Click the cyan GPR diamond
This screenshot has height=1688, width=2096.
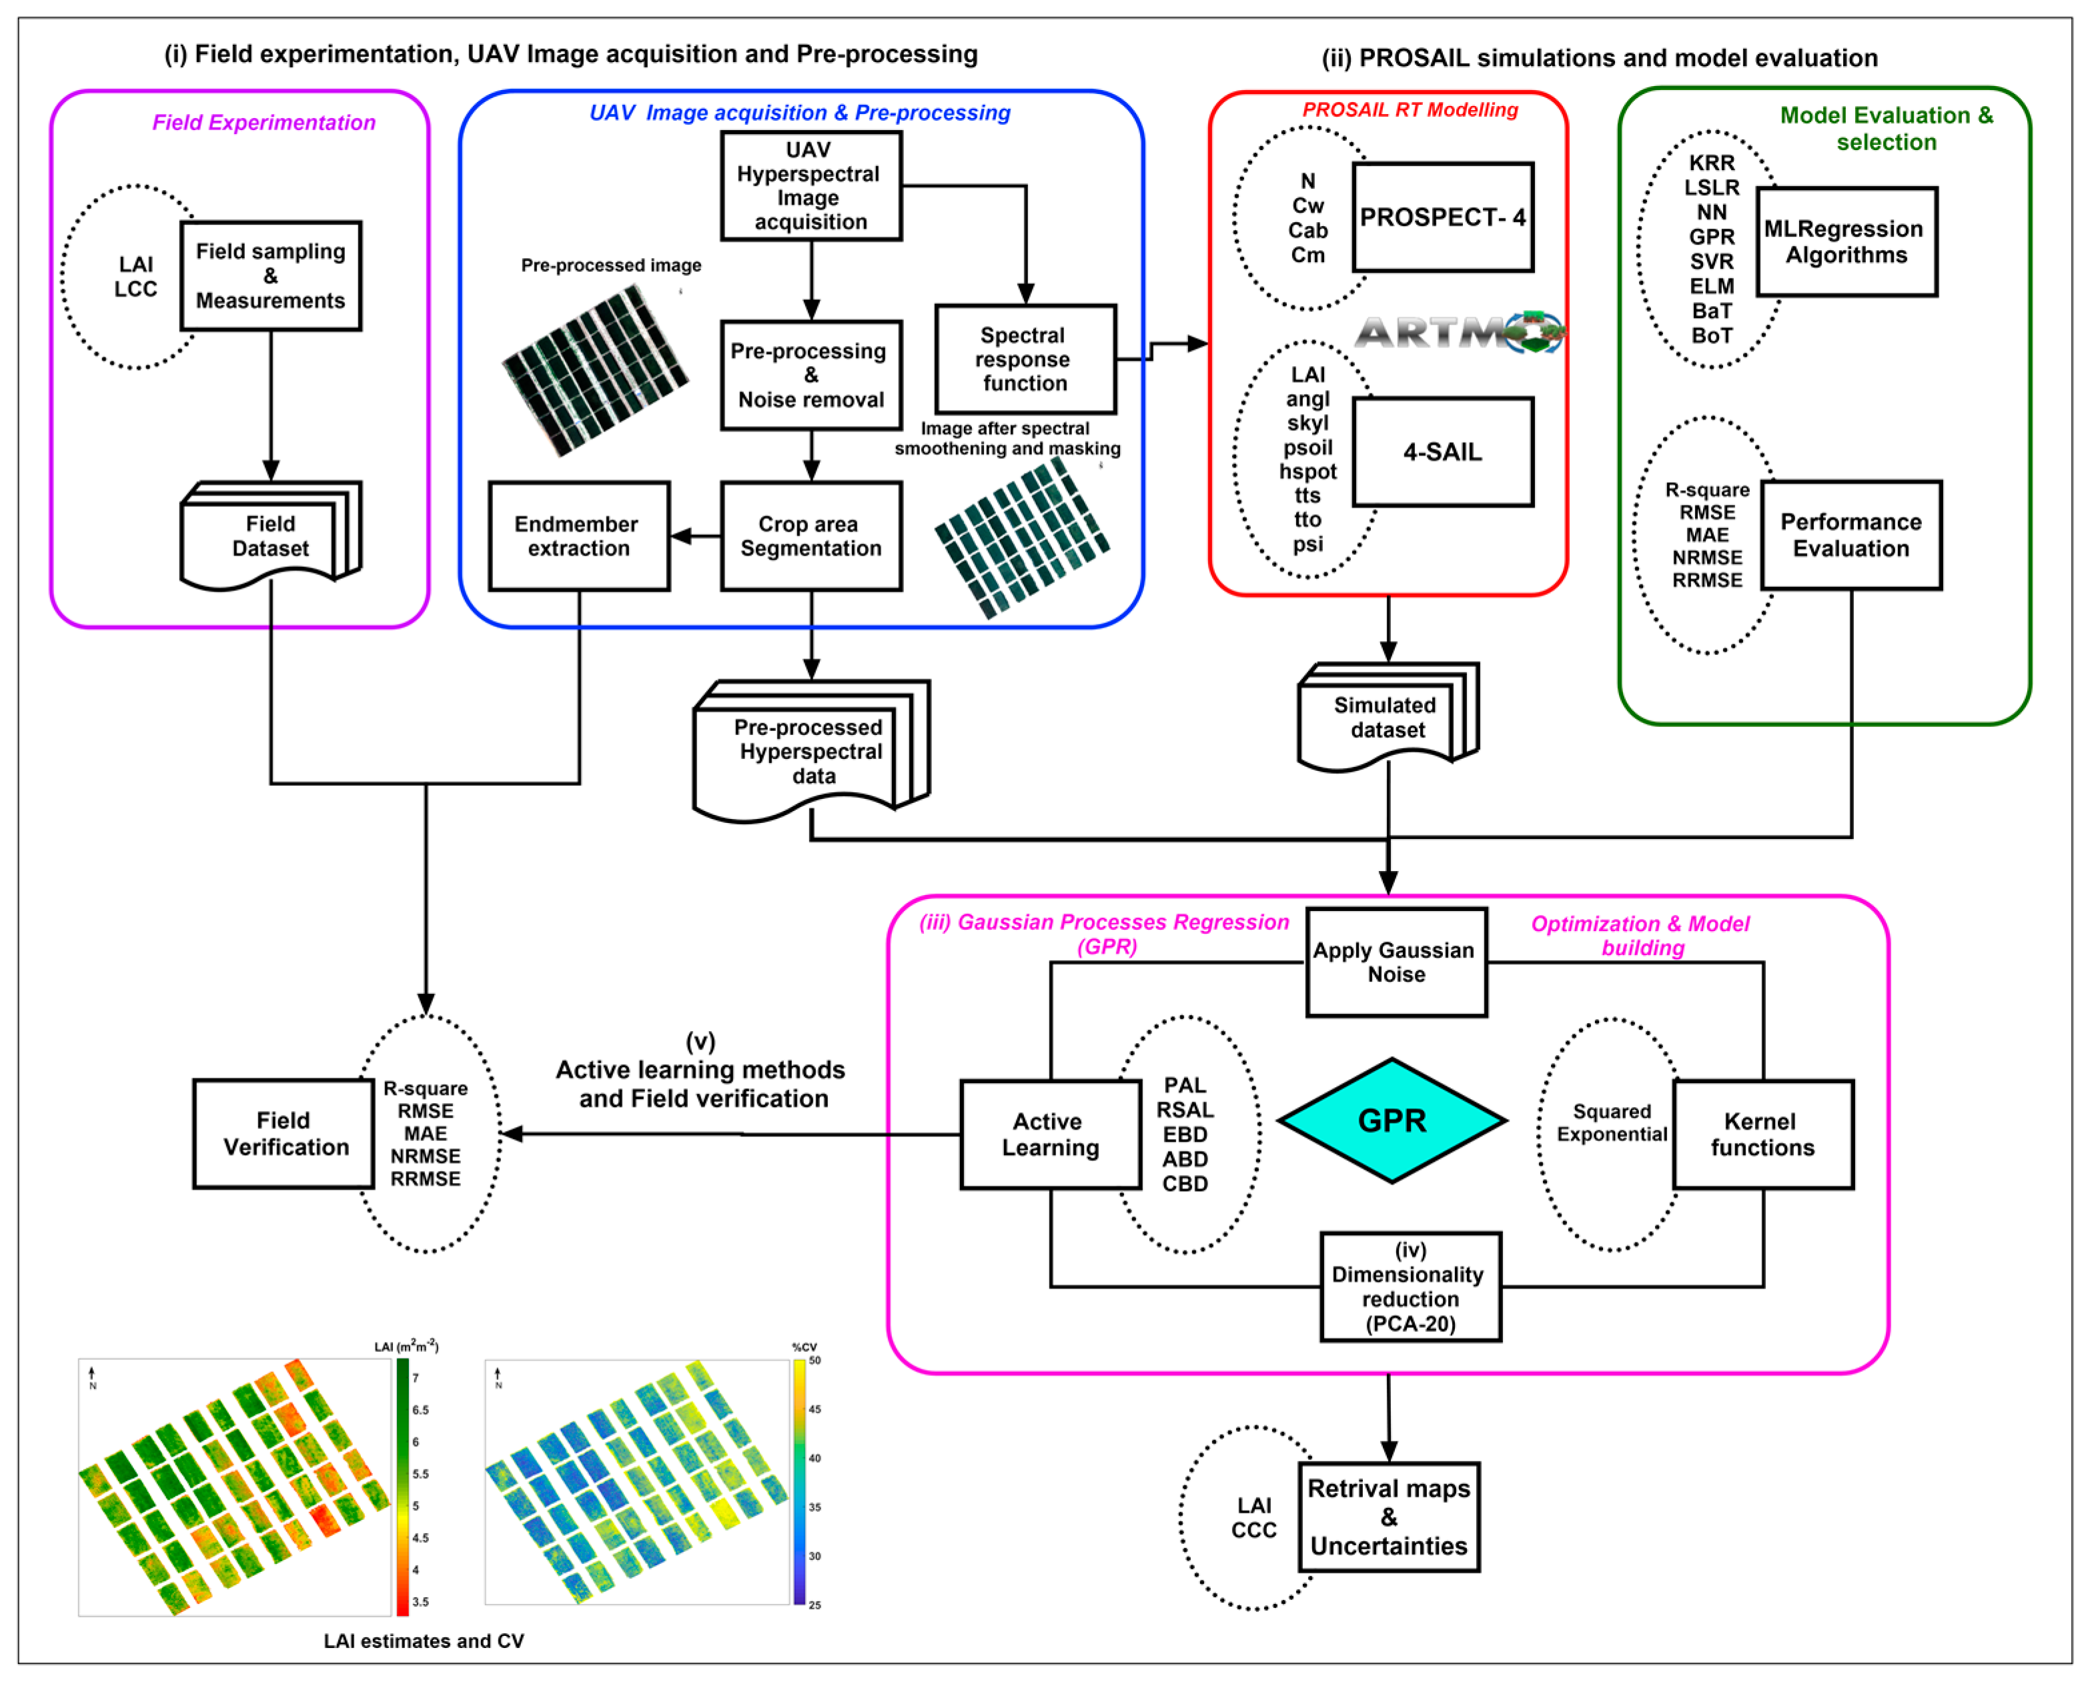[x=1392, y=1121]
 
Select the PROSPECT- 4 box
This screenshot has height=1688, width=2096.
[x=1442, y=217]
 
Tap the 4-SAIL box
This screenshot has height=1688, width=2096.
[x=1442, y=452]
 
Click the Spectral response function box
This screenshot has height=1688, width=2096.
[x=1025, y=359]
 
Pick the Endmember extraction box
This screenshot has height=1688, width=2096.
[x=579, y=536]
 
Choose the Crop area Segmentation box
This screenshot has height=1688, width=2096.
[x=811, y=536]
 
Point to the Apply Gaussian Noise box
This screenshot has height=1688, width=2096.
[x=1396, y=962]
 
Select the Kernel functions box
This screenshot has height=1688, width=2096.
[x=1762, y=1134]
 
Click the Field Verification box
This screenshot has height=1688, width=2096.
[x=284, y=1134]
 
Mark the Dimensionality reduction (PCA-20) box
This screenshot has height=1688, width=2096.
[x=1410, y=1287]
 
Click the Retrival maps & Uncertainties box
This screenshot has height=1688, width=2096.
[x=1389, y=1517]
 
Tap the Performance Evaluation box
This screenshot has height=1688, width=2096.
[x=1851, y=535]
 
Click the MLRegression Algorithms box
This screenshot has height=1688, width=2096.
[x=1846, y=242]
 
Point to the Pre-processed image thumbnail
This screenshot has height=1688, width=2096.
[x=595, y=369]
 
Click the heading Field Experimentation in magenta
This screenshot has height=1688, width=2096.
[x=264, y=123]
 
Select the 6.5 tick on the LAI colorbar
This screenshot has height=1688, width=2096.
[x=420, y=1410]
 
